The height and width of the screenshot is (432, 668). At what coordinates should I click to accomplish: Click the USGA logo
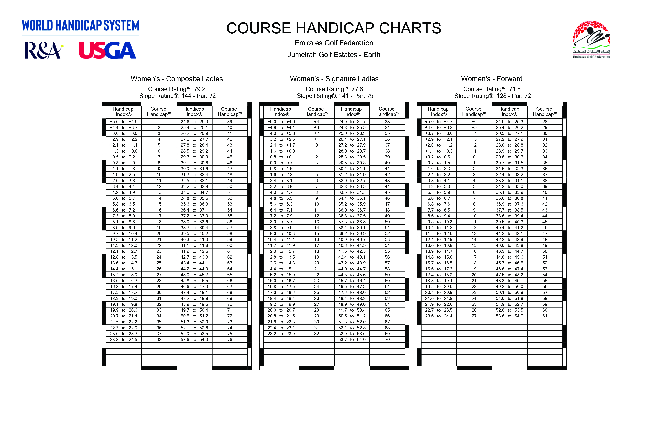108,50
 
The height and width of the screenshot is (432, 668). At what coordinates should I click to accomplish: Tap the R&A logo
44,50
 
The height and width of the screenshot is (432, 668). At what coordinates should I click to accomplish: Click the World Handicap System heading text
80,25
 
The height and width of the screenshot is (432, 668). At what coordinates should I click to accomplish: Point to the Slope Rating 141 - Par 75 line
335,96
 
